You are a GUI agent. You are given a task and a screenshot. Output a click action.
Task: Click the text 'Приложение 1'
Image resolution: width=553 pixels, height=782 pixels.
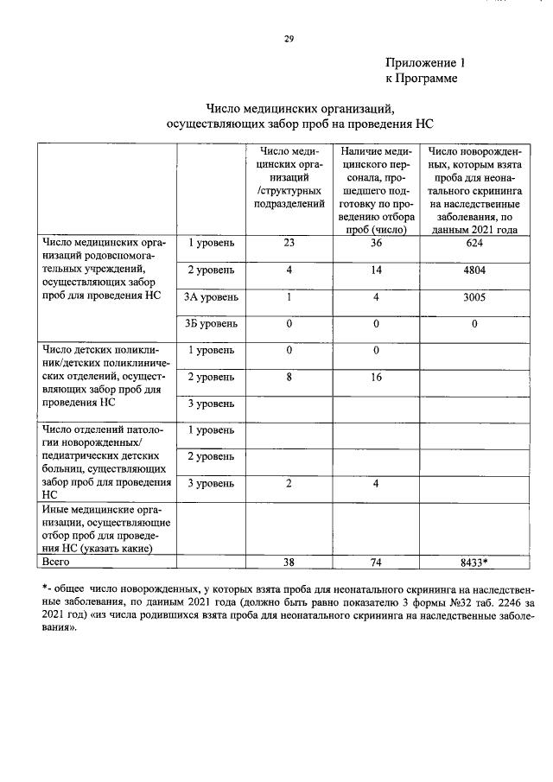click(x=425, y=63)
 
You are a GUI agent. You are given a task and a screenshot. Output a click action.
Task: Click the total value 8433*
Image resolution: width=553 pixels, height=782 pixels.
click(x=474, y=562)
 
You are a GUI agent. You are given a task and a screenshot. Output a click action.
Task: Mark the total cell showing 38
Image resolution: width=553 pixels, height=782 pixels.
click(x=289, y=562)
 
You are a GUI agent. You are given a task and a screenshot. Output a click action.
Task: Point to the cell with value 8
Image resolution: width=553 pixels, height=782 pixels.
click(x=289, y=377)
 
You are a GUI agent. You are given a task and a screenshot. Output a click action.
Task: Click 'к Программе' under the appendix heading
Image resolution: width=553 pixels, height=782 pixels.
click(x=421, y=79)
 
